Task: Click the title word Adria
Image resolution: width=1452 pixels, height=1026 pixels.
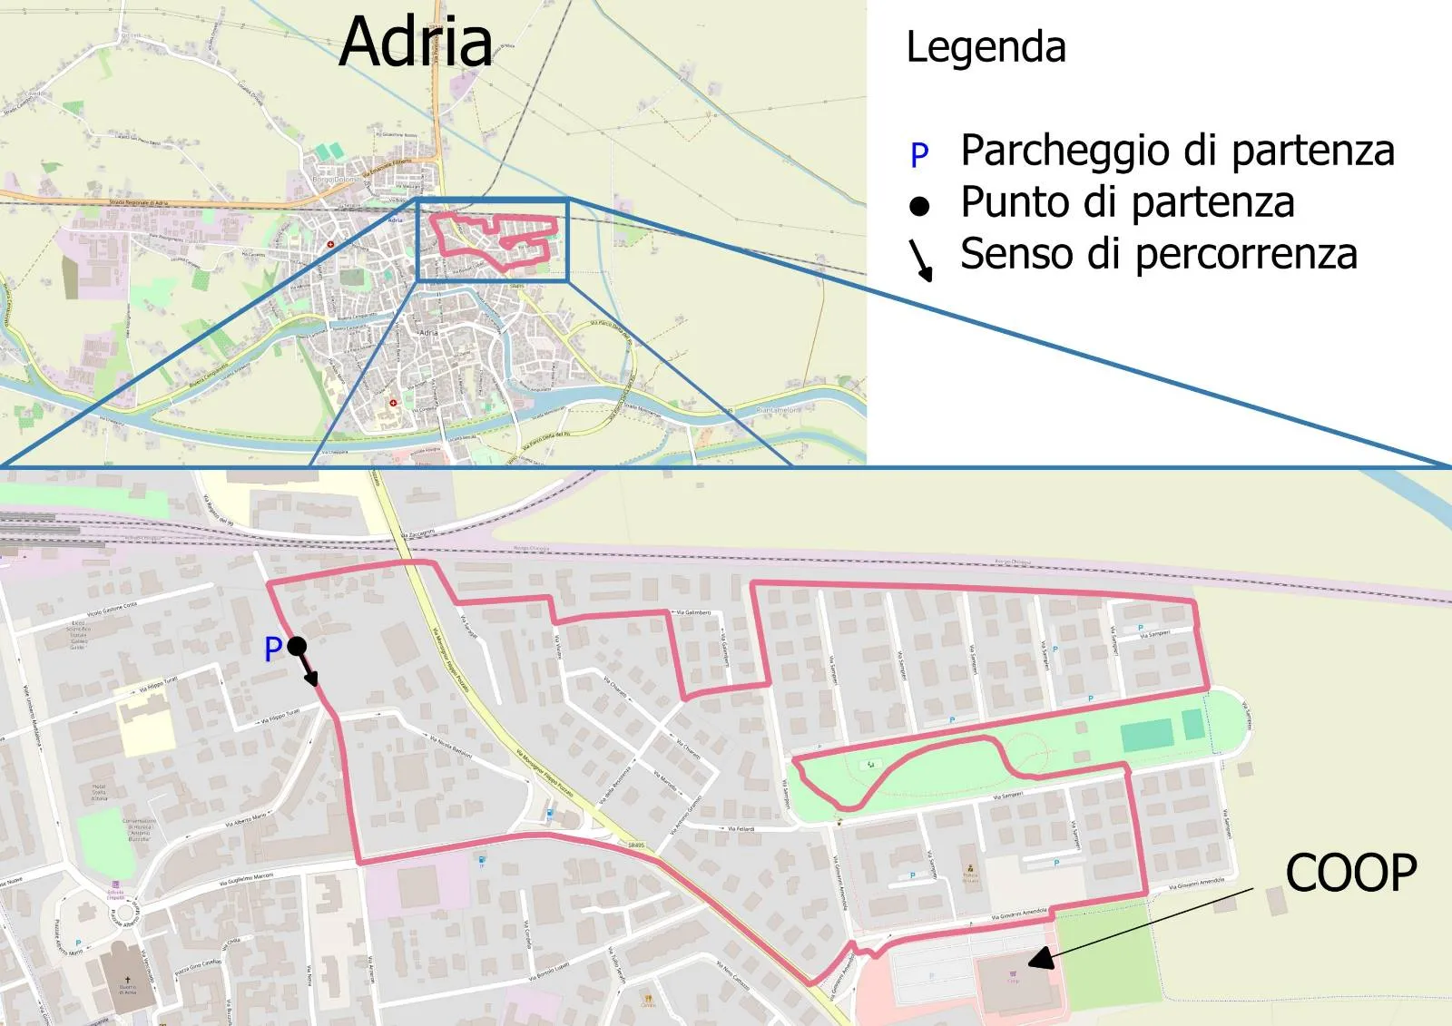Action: [x=416, y=42]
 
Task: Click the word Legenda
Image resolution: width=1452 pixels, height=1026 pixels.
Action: [x=986, y=47]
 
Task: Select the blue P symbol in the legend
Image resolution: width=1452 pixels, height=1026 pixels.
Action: [x=919, y=155]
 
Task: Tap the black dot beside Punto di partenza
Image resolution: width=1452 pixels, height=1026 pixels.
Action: [x=919, y=207]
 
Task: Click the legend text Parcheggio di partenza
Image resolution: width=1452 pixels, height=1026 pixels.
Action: [x=1177, y=151]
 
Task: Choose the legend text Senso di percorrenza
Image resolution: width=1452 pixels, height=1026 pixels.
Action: [x=1158, y=254]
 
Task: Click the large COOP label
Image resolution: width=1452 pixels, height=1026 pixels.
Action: [x=1350, y=874]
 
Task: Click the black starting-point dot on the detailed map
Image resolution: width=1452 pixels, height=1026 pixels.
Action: [x=297, y=646]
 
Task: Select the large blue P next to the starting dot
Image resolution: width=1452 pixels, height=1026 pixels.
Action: [x=273, y=650]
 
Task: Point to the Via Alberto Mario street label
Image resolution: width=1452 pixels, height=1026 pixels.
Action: [x=246, y=821]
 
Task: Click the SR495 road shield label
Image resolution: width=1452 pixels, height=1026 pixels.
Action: [x=636, y=845]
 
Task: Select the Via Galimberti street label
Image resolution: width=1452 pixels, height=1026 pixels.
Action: [x=693, y=613]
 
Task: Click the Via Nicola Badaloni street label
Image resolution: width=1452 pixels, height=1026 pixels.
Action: [x=450, y=747]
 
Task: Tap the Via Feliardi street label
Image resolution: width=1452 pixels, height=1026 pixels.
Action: [x=741, y=828]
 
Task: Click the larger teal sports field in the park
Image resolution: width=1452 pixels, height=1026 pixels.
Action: [x=1146, y=736]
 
